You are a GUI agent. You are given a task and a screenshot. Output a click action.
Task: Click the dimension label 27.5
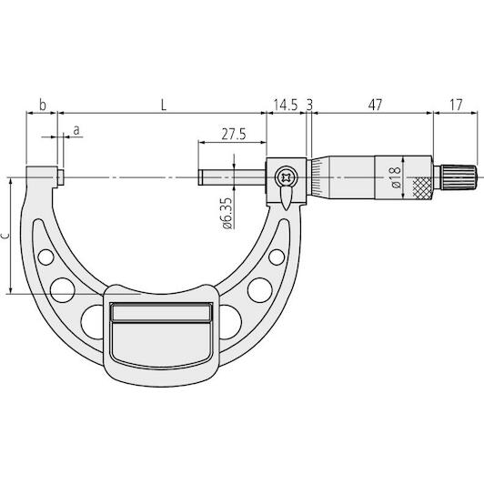[x=234, y=135]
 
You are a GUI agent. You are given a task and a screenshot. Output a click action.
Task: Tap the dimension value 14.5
[x=286, y=105]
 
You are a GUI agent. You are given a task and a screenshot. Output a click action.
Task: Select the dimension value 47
[x=375, y=105]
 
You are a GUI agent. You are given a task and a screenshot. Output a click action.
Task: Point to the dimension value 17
[x=456, y=105]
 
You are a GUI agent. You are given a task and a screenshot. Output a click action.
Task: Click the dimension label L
[x=164, y=106]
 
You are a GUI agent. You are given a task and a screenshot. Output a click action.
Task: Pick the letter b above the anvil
[x=43, y=105]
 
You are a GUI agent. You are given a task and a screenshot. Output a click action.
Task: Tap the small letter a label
[x=76, y=131]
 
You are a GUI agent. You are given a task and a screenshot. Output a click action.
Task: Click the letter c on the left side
[x=5, y=236]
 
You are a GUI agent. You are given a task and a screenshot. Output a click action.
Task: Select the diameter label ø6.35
[x=227, y=213]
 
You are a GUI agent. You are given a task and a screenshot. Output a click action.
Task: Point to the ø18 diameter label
[x=396, y=177]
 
